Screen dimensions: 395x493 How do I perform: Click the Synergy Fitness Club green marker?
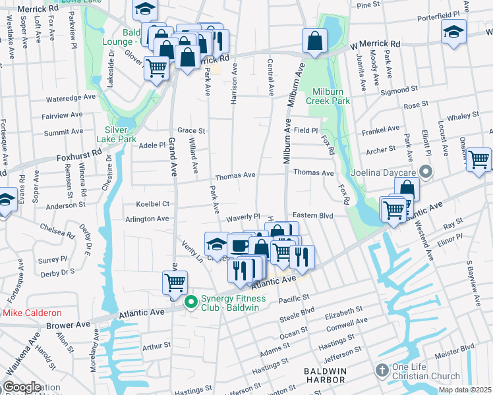(x=192, y=303)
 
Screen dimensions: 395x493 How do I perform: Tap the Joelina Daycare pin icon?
(x=426, y=173)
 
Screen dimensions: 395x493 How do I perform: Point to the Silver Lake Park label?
(x=117, y=134)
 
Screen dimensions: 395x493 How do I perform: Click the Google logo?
(x=22, y=386)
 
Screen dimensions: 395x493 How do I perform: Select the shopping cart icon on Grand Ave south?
(x=175, y=282)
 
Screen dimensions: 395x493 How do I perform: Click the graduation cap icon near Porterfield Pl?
(x=453, y=33)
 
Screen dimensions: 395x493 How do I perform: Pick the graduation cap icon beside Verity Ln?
(x=216, y=244)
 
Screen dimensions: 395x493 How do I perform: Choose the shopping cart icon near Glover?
(x=156, y=67)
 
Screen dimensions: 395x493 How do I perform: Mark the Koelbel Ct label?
(x=152, y=204)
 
